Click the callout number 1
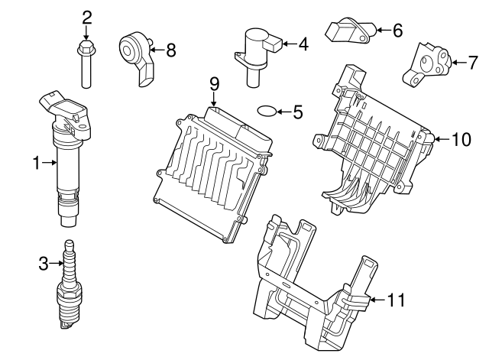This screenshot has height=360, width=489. (x=36, y=161)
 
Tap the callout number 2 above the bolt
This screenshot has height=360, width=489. (x=86, y=17)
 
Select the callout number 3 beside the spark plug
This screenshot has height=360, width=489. (x=43, y=264)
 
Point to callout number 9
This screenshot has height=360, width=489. (x=215, y=81)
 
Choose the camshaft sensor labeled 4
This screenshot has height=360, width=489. (x=258, y=50)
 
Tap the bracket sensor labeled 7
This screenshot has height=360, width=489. (x=425, y=63)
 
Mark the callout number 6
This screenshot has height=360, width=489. (x=397, y=31)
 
